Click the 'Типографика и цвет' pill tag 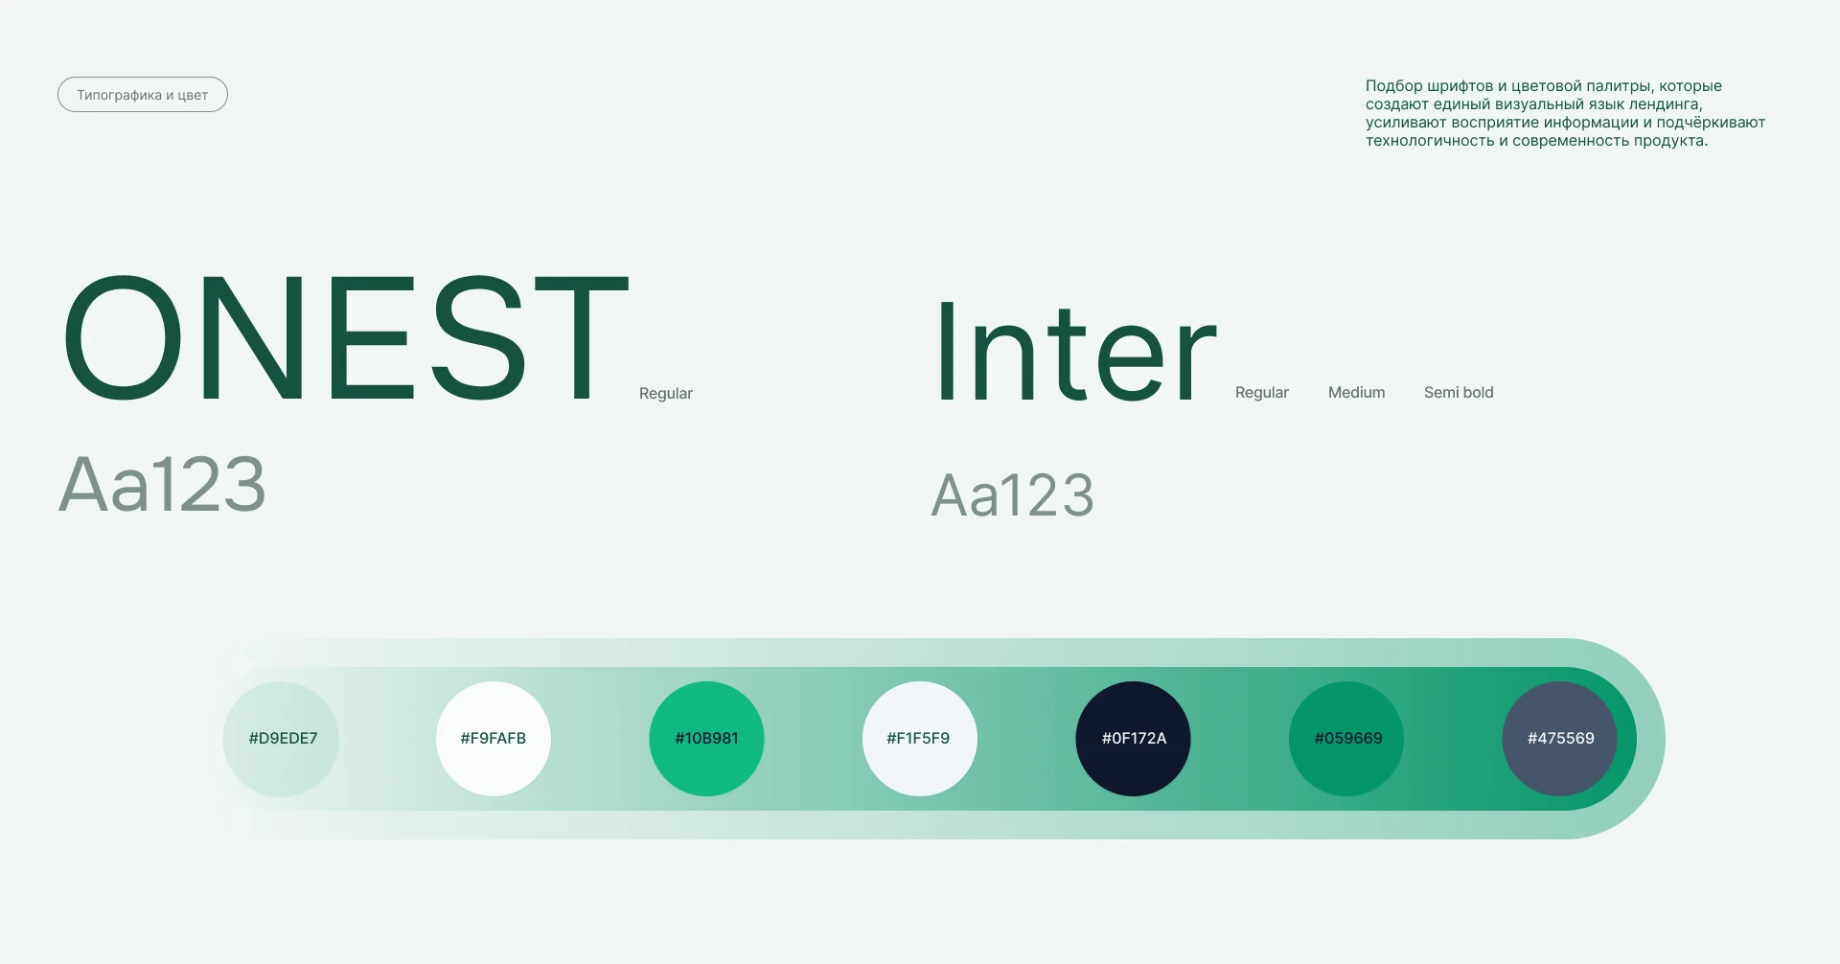click(143, 95)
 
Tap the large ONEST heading click(346, 337)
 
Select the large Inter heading click(1075, 351)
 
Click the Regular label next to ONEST click(666, 393)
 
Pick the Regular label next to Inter click(1262, 392)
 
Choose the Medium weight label click(1357, 392)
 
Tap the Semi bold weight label click(1459, 392)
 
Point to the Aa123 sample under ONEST click(162, 484)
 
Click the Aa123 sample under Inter click(1013, 495)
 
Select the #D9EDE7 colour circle click(281, 739)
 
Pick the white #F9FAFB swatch click(494, 739)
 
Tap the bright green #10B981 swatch click(706, 739)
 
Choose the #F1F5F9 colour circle click(920, 739)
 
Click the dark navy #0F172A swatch click(1133, 739)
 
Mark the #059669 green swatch click(1346, 739)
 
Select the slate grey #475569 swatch click(1559, 739)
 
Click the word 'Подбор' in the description click(1394, 86)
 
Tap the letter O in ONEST click(123, 337)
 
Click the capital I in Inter click(947, 351)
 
